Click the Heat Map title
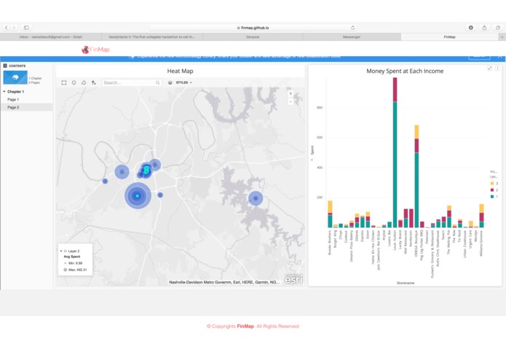coord(180,71)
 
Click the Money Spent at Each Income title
coord(405,71)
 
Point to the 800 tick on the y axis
coord(319,107)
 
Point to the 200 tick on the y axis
coord(319,197)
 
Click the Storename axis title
coord(406,283)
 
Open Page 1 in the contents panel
coord(14,99)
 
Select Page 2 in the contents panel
coord(14,107)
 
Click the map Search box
coord(131,83)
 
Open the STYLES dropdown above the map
coord(182,83)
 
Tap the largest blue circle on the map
coord(137,195)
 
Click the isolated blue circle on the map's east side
coord(255,198)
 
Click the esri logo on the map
coord(293,279)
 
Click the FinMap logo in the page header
coord(95,50)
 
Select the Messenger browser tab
coord(352,36)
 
